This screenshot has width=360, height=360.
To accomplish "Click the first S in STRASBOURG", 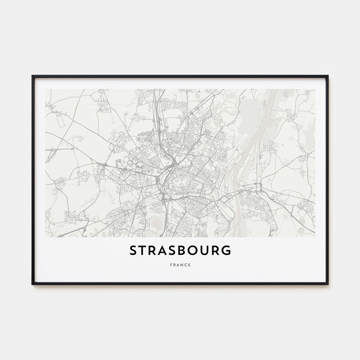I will coord(134,250).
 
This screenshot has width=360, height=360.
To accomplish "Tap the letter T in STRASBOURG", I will coord(144,250).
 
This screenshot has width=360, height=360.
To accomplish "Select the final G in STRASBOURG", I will coord(227,250).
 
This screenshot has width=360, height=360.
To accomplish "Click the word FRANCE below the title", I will coord(180,265).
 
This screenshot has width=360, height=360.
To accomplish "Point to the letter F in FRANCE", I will coord(170,265).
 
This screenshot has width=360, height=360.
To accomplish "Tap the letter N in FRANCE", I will coord(182,265).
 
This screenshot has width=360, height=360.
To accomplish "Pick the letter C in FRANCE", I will coord(186,265).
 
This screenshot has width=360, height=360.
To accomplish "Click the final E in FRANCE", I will coord(190,265).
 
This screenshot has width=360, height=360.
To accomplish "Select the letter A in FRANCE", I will coord(178,265).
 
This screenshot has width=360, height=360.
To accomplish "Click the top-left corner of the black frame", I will coord(32,76).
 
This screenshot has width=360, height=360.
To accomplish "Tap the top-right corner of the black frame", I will coord(328,76).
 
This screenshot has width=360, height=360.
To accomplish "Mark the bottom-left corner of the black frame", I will coord(32,284).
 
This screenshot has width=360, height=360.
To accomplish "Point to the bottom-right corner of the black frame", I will coord(328,284).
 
